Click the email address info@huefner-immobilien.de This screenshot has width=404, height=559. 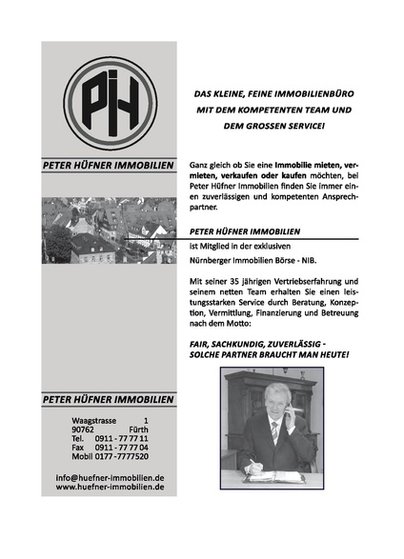[110, 476]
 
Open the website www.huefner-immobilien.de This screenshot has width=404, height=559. [110, 486]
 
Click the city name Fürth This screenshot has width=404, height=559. [139, 429]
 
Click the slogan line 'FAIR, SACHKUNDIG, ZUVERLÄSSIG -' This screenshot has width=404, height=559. [259, 343]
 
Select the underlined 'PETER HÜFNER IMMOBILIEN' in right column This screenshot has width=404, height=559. [245, 230]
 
